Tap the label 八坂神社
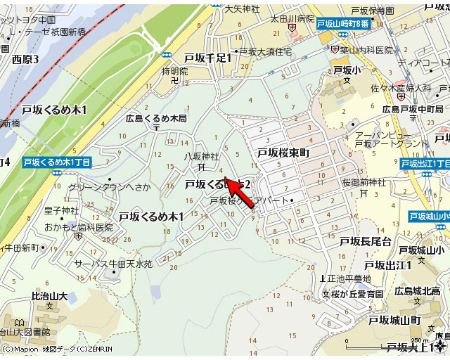[x=202, y=156]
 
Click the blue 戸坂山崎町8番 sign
[x=342, y=24]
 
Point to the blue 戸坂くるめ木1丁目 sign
[x=56, y=162]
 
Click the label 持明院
[x=175, y=71]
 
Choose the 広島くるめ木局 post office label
[x=156, y=119]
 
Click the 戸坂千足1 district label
[x=208, y=58]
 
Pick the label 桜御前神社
[x=364, y=183]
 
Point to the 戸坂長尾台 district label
[x=366, y=242]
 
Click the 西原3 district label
[x=26, y=60]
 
